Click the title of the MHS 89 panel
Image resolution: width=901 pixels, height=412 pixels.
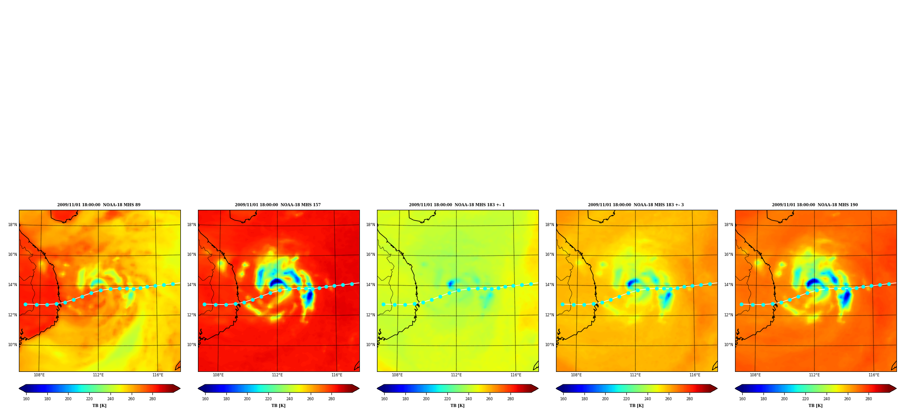click(x=99, y=205)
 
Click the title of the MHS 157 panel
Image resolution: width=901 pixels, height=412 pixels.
click(x=278, y=205)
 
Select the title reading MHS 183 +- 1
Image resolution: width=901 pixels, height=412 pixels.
click(x=457, y=205)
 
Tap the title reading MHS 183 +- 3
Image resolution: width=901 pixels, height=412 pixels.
click(x=636, y=205)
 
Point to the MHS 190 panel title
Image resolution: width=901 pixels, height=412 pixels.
click(x=815, y=205)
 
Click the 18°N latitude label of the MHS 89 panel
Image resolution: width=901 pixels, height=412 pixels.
click(x=12, y=225)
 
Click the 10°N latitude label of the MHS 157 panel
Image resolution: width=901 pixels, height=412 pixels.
click(x=191, y=345)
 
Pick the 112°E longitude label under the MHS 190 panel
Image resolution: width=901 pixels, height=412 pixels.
click(x=814, y=375)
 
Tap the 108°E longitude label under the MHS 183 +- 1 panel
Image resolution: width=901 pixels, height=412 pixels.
click(x=397, y=375)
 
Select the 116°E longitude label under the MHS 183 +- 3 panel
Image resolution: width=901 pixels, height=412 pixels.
click(x=695, y=375)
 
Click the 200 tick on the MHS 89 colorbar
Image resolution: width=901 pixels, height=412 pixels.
click(x=68, y=398)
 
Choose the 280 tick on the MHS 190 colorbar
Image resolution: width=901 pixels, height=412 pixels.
click(x=869, y=398)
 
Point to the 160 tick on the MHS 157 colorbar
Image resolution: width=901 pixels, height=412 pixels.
click(x=205, y=398)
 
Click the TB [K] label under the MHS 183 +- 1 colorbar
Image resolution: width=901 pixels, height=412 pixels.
click(x=457, y=406)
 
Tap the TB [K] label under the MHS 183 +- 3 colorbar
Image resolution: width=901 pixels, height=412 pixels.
click(x=636, y=406)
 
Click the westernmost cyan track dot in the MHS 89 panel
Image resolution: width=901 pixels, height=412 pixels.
click(x=25, y=304)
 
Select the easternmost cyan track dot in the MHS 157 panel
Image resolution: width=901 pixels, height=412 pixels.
click(x=352, y=284)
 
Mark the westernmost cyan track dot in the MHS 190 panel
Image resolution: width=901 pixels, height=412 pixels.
click(x=741, y=304)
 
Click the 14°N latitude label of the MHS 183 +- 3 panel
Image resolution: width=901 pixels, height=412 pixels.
click(x=549, y=285)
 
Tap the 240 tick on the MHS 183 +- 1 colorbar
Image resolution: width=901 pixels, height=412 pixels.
click(x=469, y=398)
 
